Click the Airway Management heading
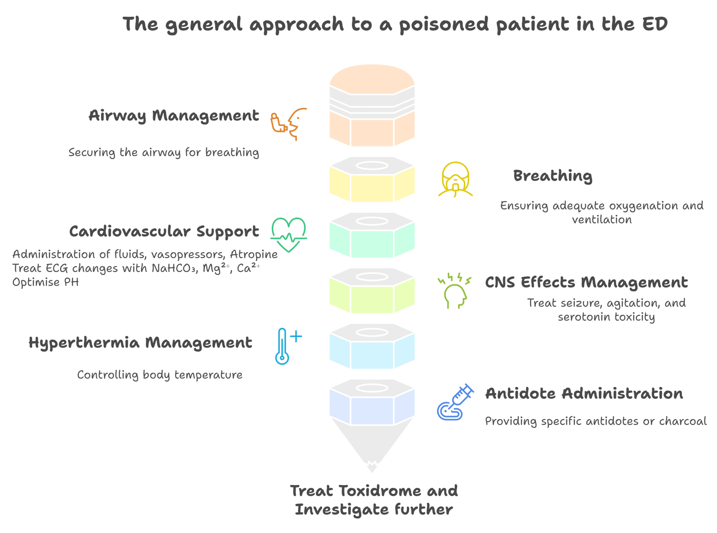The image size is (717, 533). coord(174,115)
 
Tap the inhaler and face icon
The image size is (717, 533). coord(288,124)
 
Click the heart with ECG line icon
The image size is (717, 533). coord(288,234)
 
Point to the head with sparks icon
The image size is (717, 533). coord(454,291)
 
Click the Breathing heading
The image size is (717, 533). coord(553,176)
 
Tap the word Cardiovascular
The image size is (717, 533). coord(130,231)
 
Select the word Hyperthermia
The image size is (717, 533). coord(84,343)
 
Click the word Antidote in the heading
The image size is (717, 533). coord(520,393)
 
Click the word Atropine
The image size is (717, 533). coord(254,254)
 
